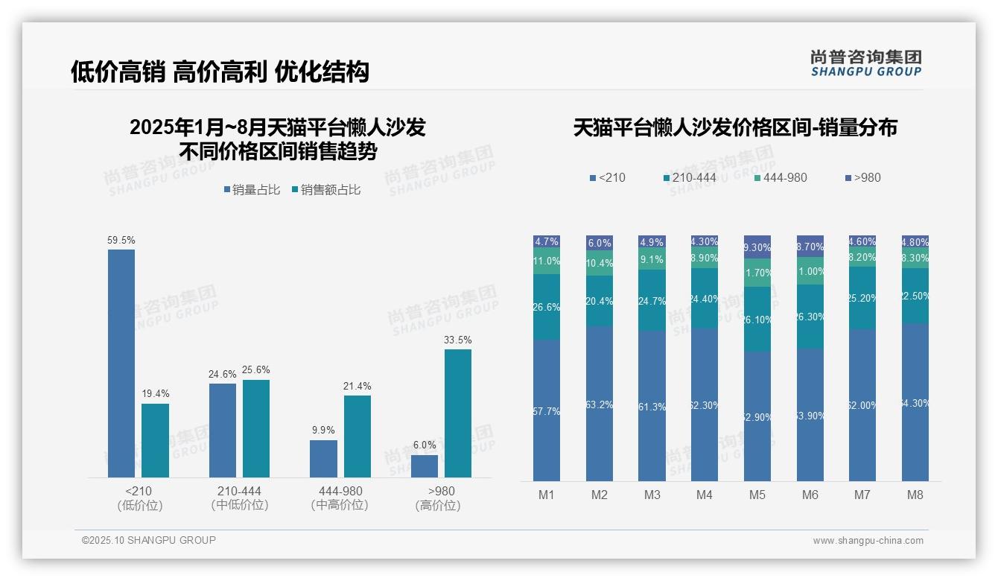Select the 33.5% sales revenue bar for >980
pyautogui.click(x=458, y=413)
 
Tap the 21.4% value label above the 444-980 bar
pyautogui.click(x=357, y=387)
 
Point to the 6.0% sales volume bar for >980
pyautogui.click(x=425, y=466)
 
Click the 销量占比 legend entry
pyautogui.click(x=252, y=190)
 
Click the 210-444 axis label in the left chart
pyautogui.click(x=239, y=492)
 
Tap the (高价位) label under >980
pyautogui.click(x=437, y=506)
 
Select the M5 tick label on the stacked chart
pyautogui.click(x=757, y=495)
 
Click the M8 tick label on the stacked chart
pyautogui.click(x=915, y=495)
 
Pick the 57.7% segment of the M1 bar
pyautogui.click(x=547, y=410)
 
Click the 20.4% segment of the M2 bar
pyautogui.click(x=600, y=301)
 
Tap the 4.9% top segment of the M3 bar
pyautogui.click(x=652, y=242)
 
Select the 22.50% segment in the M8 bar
pyautogui.click(x=915, y=296)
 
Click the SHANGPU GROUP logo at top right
pyautogui.click(x=865, y=63)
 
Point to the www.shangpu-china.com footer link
pyautogui.click(x=868, y=541)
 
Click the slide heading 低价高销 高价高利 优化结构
pyautogui.click(x=220, y=72)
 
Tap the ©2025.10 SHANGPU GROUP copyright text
pyautogui.click(x=149, y=541)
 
